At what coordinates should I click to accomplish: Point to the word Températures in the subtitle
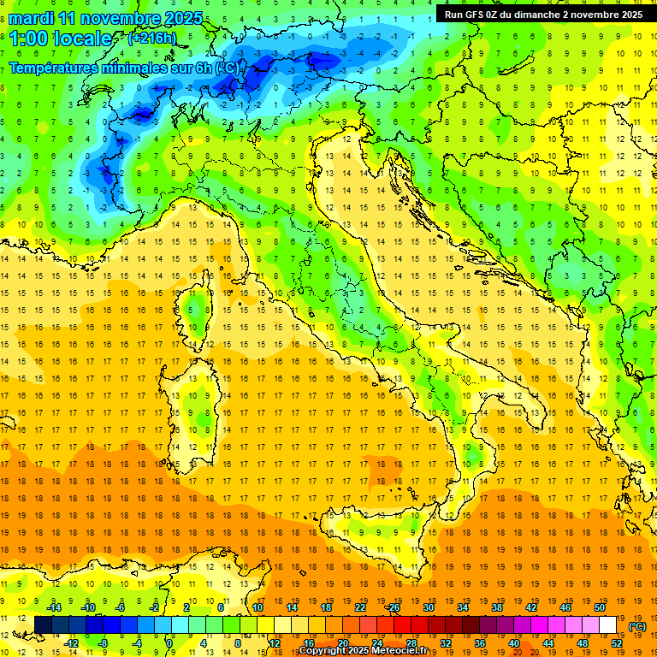pos(53,68)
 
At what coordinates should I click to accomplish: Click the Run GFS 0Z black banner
pos(542,14)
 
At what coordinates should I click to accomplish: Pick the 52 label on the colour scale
pos(616,643)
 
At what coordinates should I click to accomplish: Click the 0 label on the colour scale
pos(169,643)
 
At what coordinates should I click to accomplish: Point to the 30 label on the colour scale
pos(428,607)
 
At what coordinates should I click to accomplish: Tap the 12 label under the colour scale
pos(274,643)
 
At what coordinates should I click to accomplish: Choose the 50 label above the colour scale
pos(599,607)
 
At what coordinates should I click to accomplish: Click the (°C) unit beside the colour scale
pos(636,626)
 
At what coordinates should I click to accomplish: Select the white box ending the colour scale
pos(607,625)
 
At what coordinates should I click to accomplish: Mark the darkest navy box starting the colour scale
pos(43,625)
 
